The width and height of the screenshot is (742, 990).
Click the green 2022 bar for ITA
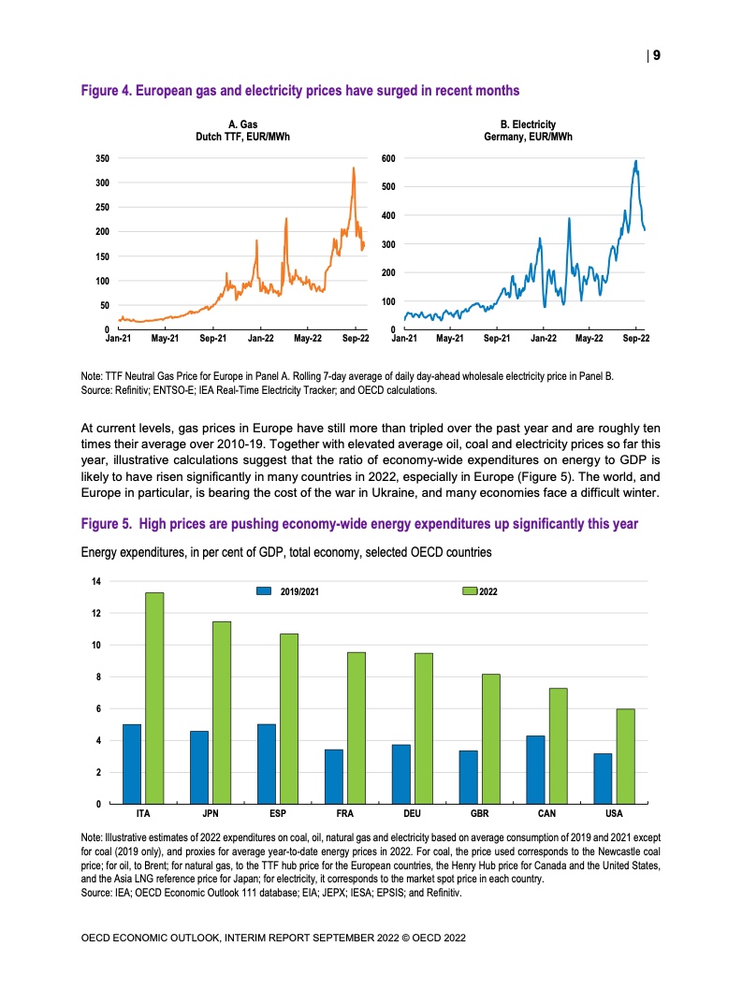coord(154,698)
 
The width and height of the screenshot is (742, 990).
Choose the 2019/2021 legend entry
coord(291,591)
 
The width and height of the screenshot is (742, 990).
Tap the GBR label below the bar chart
coord(480,815)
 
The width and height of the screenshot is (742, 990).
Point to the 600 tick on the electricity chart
coord(387,158)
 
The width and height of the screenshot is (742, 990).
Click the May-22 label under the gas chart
coord(308,337)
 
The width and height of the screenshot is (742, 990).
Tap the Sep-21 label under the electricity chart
coord(497,337)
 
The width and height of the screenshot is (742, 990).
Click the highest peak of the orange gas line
coord(354,168)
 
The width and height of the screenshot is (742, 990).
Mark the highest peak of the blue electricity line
coord(636,161)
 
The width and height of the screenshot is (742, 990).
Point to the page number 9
coord(656,56)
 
